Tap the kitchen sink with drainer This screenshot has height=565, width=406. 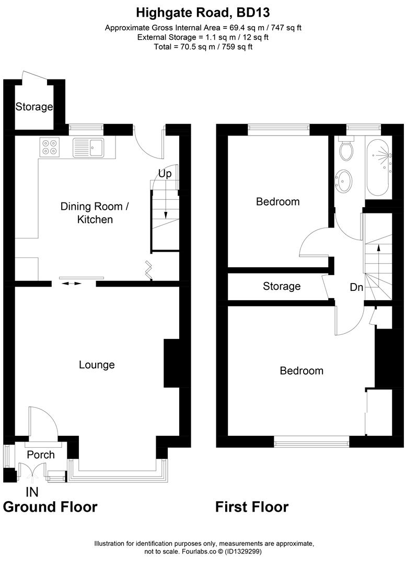click(88, 148)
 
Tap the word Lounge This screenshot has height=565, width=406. click(97, 365)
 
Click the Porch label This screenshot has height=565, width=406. click(41, 455)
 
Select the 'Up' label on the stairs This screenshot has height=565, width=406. click(165, 174)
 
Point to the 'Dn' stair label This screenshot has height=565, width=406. click(356, 287)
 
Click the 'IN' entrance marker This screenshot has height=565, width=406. click(32, 492)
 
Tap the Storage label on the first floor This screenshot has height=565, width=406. click(282, 286)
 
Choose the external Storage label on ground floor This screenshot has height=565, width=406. click(34, 107)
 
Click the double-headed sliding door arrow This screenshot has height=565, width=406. click(71, 284)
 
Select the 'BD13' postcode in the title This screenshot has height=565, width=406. click(253, 13)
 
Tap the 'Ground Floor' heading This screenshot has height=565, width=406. click(50, 507)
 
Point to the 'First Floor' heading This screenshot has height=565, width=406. click(252, 507)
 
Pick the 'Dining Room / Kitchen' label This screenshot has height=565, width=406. click(95, 213)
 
